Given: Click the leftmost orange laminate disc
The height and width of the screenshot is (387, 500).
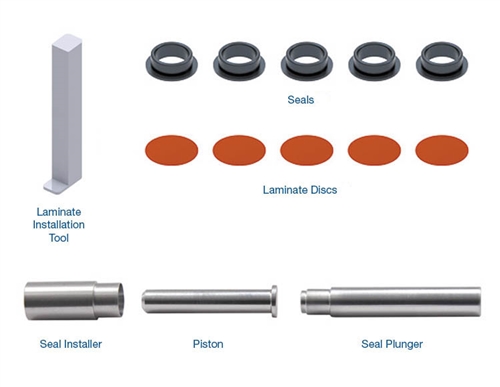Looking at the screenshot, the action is (x=172, y=150).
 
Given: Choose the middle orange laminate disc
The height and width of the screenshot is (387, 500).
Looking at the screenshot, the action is (x=307, y=150).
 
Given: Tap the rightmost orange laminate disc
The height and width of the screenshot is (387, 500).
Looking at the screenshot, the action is (x=442, y=150).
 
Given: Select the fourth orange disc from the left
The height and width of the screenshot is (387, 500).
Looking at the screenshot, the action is (x=374, y=150).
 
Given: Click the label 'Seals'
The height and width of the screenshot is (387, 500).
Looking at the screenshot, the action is (x=301, y=100).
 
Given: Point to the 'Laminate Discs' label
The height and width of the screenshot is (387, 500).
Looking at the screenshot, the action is (x=300, y=190).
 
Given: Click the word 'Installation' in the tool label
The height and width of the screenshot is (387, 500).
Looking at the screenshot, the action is (x=59, y=225).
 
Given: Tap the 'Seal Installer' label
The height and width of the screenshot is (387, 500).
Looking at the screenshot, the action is (x=71, y=344).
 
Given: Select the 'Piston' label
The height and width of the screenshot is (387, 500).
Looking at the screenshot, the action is (x=208, y=344).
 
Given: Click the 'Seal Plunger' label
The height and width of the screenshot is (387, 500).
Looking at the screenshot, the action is (x=392, y=344).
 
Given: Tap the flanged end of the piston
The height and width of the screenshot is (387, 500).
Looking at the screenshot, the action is (x=274, y=301).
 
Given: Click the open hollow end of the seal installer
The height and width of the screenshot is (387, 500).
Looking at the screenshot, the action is (x=120, y=300).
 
